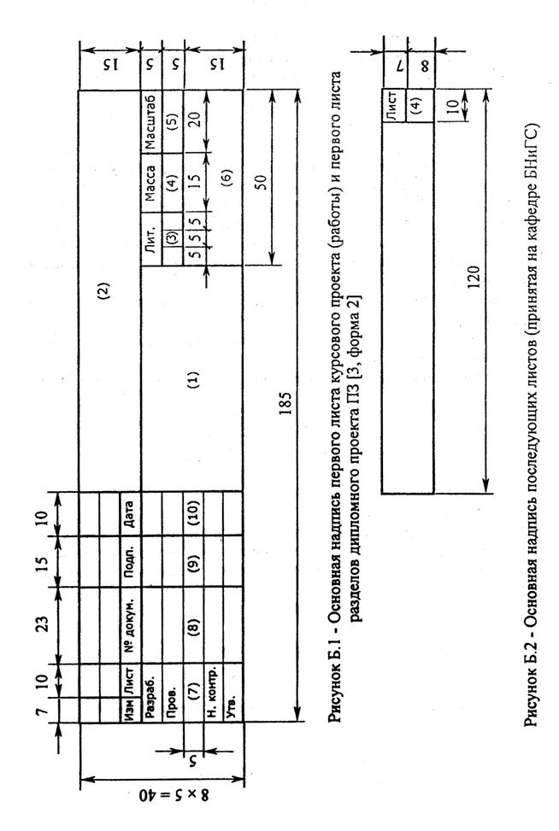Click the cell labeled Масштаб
(150, 122)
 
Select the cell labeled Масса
(150, 184)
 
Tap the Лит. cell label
(150, 239)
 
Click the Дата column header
(130, 513)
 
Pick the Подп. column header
(130, 561)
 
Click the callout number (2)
(104, 290)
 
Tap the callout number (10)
(193, 513)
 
